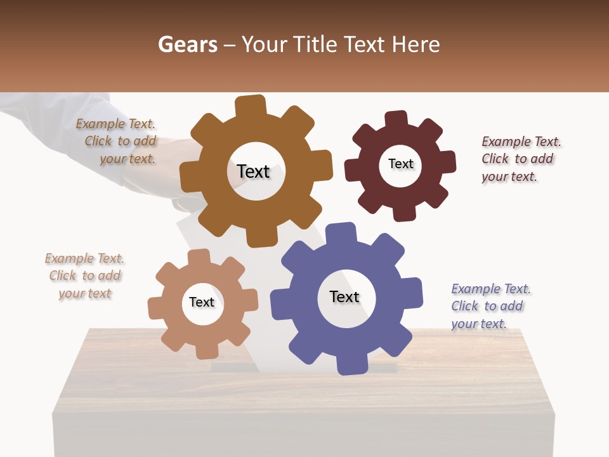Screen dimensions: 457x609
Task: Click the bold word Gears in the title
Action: (x=187, y=44)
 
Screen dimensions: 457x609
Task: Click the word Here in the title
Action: (x=416, y=44)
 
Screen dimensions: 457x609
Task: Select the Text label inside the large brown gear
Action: (x=253, y=171)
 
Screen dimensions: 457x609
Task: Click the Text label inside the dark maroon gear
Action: (x=400, y=164)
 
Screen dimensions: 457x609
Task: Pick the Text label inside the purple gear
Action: (x=344, y=296)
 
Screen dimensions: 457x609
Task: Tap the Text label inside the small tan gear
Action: (x=202, y=302)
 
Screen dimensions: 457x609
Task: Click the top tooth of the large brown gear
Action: (x=251, y=105)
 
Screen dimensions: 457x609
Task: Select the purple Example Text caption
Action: (x=489, y=306)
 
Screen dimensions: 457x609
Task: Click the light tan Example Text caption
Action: (x=85, y=275)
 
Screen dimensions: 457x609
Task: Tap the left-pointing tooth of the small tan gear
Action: (x=155, y=308)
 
